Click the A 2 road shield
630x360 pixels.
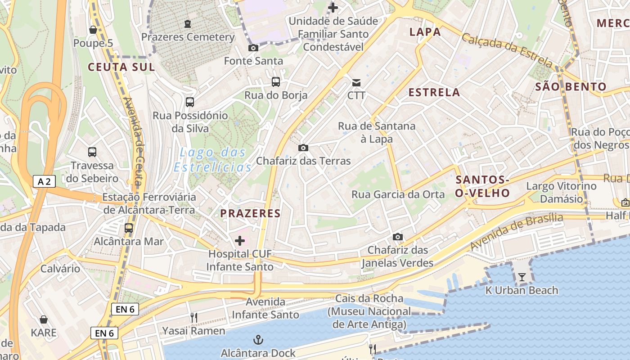pos(45,182)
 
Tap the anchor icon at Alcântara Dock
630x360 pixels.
pos(258,340)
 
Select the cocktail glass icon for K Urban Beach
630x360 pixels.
pos(522,277)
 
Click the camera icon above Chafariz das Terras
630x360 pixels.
pos(303,148)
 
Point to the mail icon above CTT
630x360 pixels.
pos(356,82)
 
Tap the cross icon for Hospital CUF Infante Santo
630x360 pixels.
pos(240,241)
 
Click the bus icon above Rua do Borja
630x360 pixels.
pos(276,82)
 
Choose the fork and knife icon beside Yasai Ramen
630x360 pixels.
pos(194,318)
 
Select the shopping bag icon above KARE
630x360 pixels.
pos(44,319)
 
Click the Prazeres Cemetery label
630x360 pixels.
pos(188,37)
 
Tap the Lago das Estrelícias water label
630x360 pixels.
pos(213,160)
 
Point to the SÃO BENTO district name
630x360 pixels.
pos(571,86)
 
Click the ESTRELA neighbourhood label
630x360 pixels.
pos(434,93)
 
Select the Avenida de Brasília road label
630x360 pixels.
pos(516,231)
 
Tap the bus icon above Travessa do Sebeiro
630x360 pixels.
pos(92,152)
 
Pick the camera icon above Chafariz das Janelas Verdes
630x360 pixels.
pos(398,237)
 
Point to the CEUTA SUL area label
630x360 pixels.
pos(121,67)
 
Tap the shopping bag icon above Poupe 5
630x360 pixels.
pos(93,30)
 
